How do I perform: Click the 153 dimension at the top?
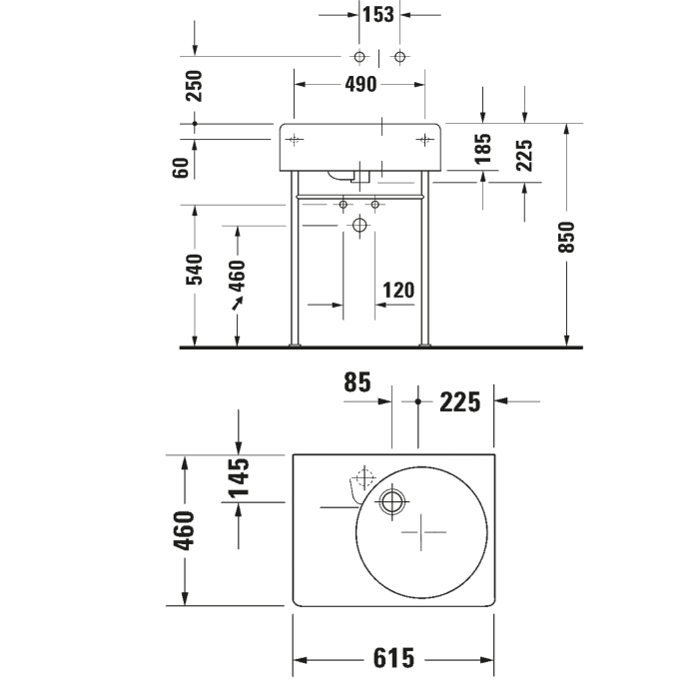379,14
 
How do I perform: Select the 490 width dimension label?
360,85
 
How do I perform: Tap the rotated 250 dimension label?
194,85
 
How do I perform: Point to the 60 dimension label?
181,167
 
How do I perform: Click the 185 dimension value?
483,149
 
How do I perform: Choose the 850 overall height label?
567,236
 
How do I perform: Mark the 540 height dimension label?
194,270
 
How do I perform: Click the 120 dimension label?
397,290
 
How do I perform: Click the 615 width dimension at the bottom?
393,659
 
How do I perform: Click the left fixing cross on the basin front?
294,140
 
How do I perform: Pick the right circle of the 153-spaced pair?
400,56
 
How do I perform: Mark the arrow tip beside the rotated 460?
234,306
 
